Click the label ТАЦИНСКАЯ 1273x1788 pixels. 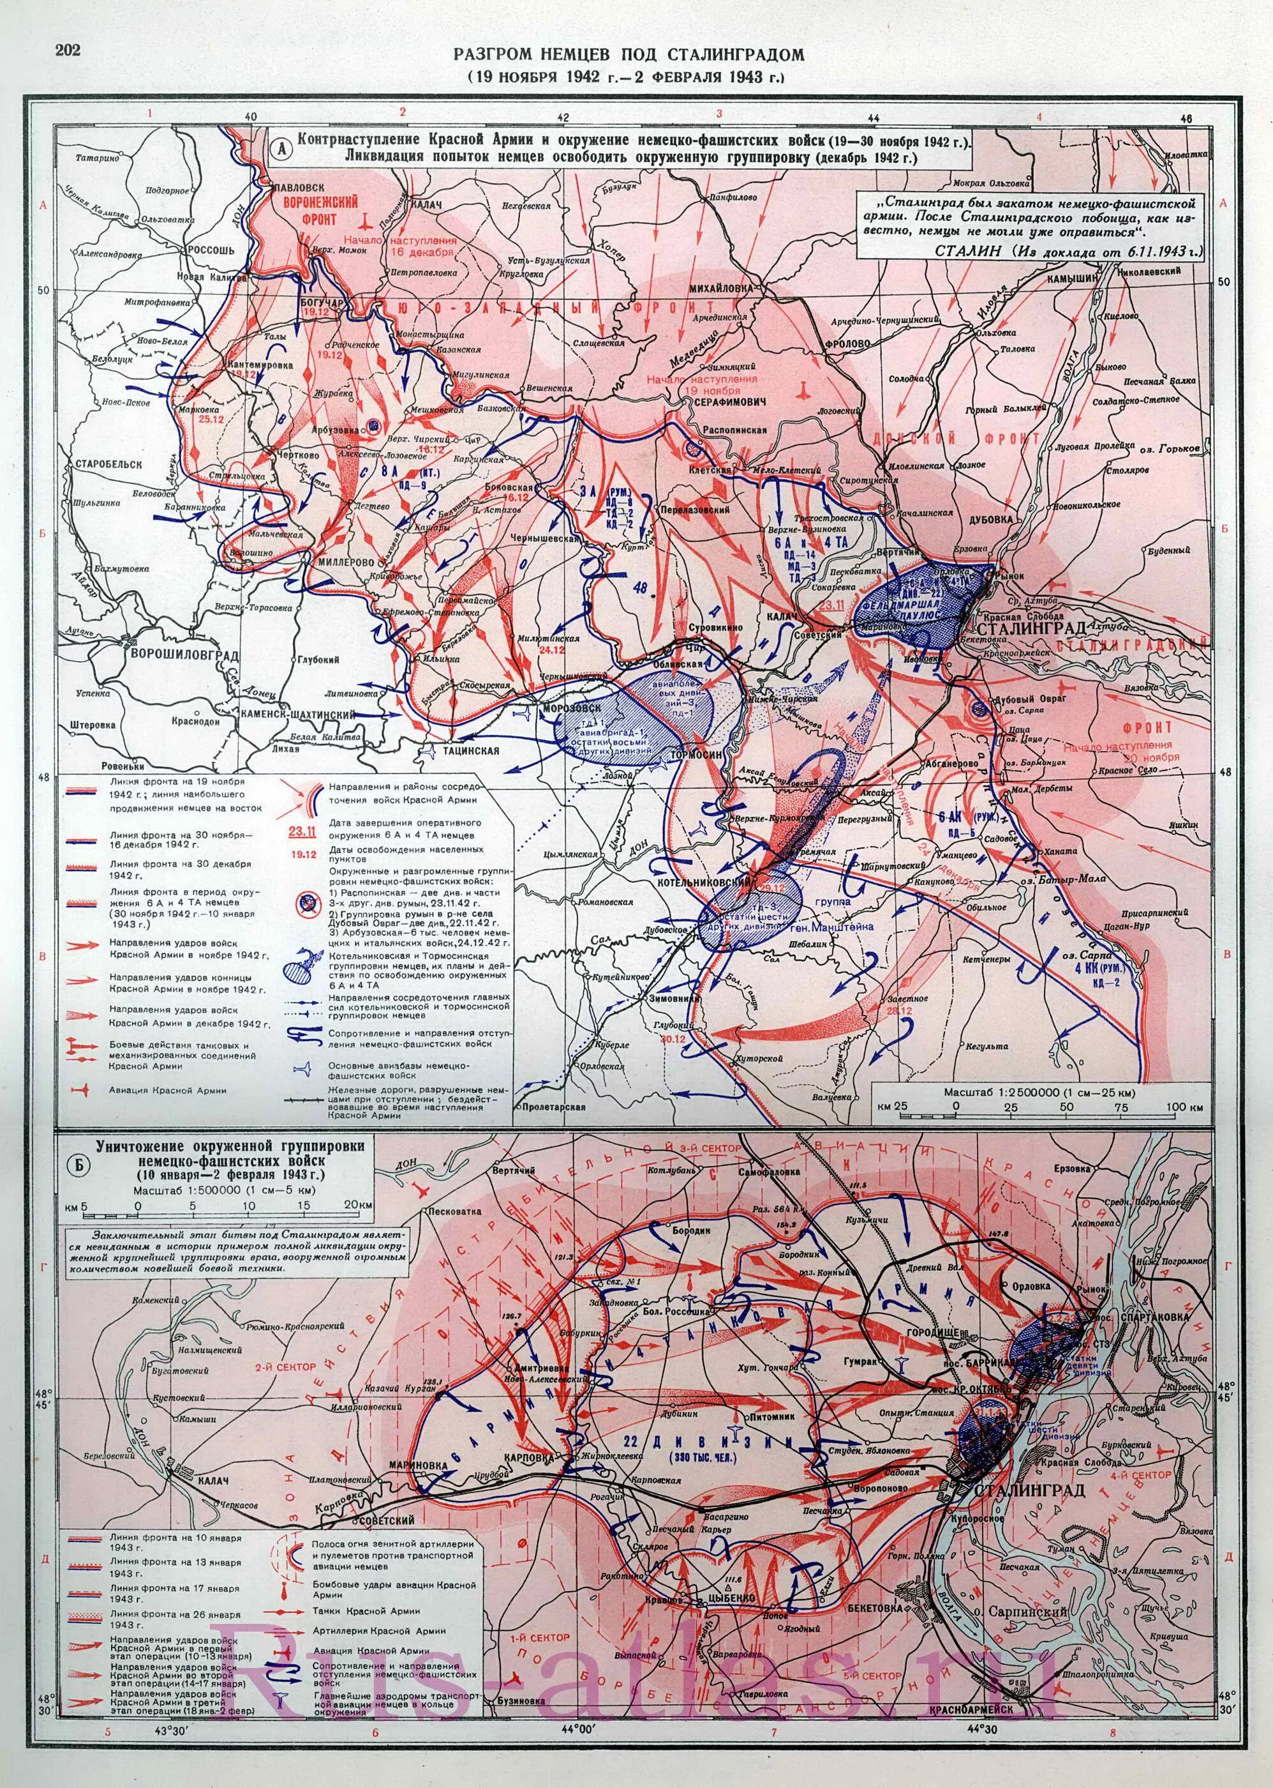click(x=470, y=750)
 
